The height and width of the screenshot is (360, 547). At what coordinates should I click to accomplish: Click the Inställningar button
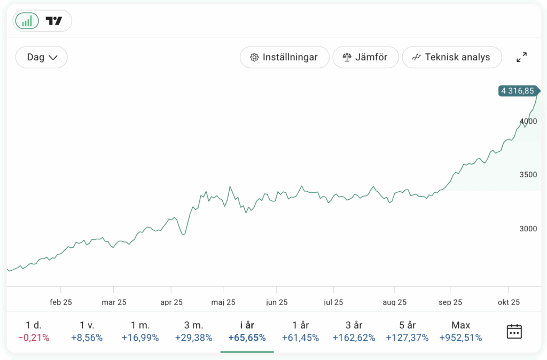(284, 57)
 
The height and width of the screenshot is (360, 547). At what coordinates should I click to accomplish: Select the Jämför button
(365, 57)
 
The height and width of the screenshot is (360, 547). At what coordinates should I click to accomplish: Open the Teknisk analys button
(451, 57)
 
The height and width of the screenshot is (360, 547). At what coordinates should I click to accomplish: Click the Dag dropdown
(42, 57)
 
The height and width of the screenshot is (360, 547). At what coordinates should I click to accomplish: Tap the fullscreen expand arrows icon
(522, 57)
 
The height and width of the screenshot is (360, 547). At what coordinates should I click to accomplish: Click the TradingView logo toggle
(54, 21)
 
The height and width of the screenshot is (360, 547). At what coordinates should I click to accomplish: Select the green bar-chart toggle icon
(27, 21)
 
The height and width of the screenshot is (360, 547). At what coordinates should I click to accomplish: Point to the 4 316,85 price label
(518, 91)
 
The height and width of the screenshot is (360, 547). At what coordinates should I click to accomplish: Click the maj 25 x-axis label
(223, 302)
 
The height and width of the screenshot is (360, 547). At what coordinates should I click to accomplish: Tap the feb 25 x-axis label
(61, 302)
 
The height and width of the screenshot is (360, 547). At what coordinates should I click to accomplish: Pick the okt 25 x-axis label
(509, 302)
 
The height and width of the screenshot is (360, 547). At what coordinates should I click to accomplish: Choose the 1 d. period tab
(33, 331)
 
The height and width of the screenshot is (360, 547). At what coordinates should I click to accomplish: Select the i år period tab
(247, 331)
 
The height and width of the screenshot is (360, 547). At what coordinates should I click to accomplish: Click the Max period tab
(460, 331)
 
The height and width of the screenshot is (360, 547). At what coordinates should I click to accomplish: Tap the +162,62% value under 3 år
(354, 338)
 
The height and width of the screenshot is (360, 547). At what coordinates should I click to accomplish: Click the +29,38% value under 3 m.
(193, 338)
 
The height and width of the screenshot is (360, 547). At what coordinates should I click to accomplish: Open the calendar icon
(514, 331)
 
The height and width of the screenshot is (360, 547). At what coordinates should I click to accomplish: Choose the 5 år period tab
(407, 331)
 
